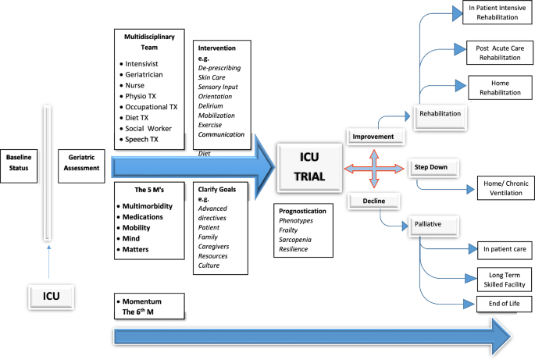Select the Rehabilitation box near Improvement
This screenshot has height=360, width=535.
(440, 114)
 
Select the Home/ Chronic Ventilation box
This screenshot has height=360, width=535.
(504, 188)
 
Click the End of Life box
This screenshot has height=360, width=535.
(504, 303)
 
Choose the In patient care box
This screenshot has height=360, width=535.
(504, 250)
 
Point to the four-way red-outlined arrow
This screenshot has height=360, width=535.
(375, 168)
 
